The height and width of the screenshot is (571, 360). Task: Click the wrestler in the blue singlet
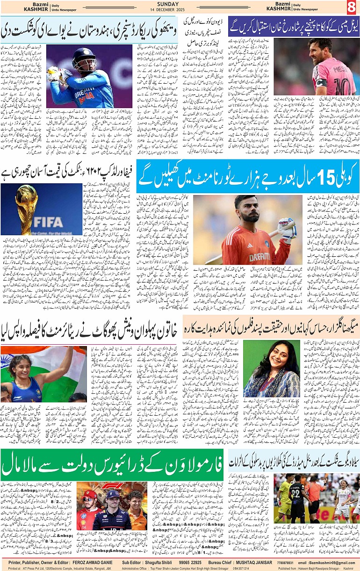(24, 378)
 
